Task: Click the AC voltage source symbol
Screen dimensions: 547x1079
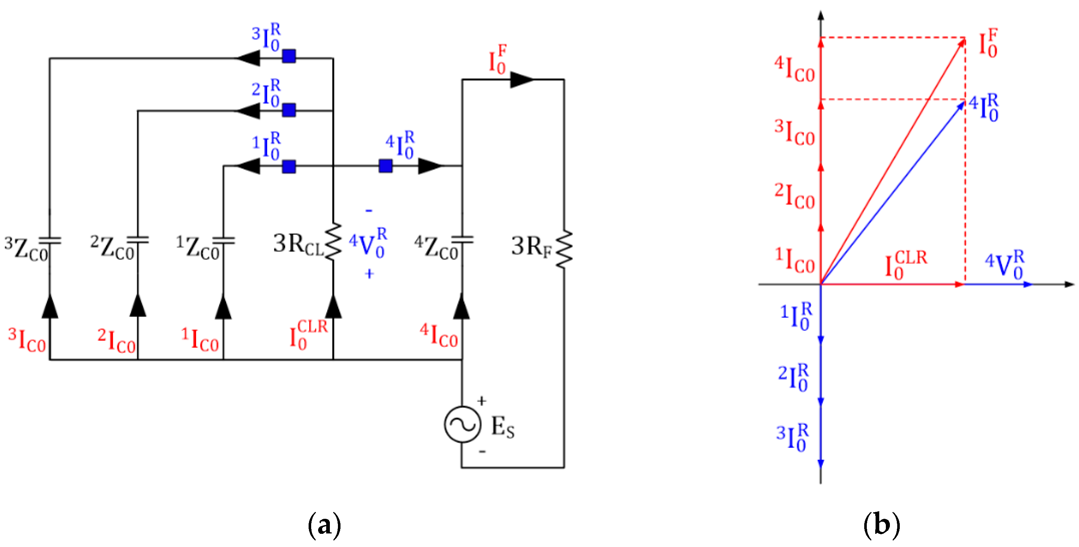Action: (x=462, y=424)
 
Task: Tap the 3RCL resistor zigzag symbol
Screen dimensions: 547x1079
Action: (x=334, y=242)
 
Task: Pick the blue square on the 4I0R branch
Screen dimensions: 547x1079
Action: (x=385, y=166)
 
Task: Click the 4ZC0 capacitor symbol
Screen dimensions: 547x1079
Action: (x=462, y=240)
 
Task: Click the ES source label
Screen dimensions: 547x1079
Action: (x=502, y=427)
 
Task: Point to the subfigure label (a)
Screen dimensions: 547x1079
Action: (x=324, y=525)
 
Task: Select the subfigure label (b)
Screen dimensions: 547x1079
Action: (x=882, y=525)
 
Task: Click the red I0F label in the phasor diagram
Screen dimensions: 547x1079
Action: (x=988, y=44)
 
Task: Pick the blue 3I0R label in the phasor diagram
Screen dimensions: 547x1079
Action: (x=792, y=438)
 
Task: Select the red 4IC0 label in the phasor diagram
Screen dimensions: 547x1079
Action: (x=794, y=70)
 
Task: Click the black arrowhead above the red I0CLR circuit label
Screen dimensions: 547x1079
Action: (x=334, y=306)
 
